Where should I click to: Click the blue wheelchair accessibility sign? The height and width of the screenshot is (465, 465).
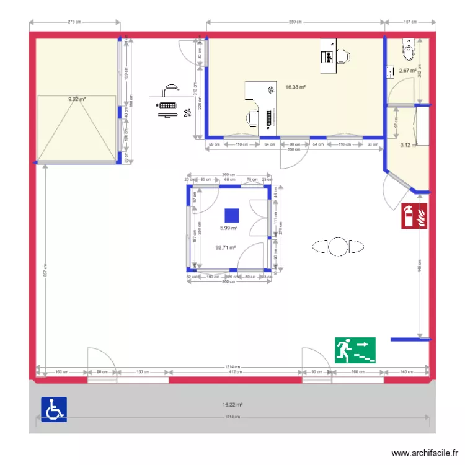click(54, 410)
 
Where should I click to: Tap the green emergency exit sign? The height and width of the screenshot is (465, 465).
click(356, 350)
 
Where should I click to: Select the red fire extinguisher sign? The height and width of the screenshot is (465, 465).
click(415, 216)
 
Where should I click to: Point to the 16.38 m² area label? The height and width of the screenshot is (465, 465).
click(295, 87)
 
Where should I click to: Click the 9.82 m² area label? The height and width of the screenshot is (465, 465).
click(77, 99)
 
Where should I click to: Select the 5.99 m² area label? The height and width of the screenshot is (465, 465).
click(229, 228)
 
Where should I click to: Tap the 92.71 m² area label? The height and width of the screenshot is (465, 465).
click(226, 247)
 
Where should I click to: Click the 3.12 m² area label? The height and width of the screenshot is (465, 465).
click(409, 145)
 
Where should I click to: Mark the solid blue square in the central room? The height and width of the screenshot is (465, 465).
click(232, 215)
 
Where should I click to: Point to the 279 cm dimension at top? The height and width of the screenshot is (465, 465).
click(74, 22)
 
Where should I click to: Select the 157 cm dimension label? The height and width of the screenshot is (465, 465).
click(410, 22)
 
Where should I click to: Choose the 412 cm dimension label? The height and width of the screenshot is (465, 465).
click(236, 373)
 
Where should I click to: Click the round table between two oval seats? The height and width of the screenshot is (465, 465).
click(338, 247)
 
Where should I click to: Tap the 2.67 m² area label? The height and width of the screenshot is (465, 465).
click(407, 71)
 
